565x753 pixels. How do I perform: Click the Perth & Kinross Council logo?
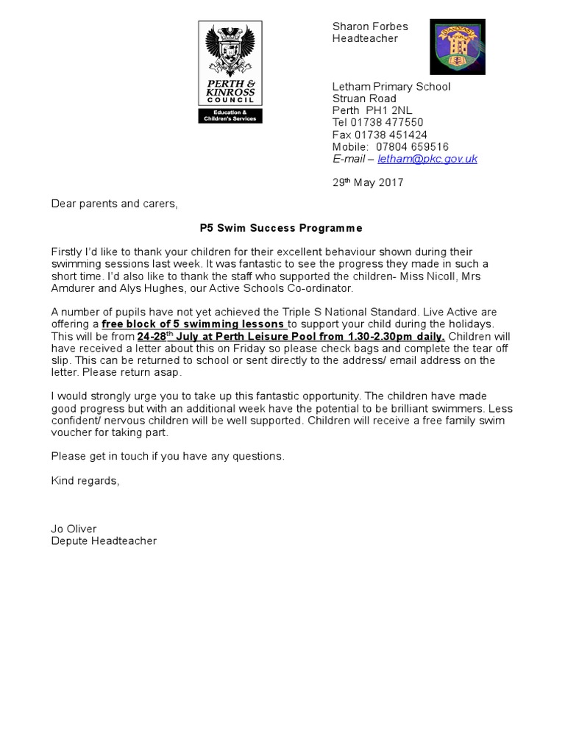230,71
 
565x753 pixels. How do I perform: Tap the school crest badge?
457,47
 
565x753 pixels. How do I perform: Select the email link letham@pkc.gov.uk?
427,159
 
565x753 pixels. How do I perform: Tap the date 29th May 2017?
368,183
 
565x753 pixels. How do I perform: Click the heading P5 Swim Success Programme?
282,229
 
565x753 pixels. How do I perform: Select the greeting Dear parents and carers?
114,204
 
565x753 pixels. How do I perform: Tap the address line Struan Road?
364,99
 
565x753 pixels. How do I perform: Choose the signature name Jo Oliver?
74,529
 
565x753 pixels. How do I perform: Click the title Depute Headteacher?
104,541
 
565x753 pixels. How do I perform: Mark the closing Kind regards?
84,481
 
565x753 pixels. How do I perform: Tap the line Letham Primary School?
391,87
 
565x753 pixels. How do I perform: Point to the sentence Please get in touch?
168,457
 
